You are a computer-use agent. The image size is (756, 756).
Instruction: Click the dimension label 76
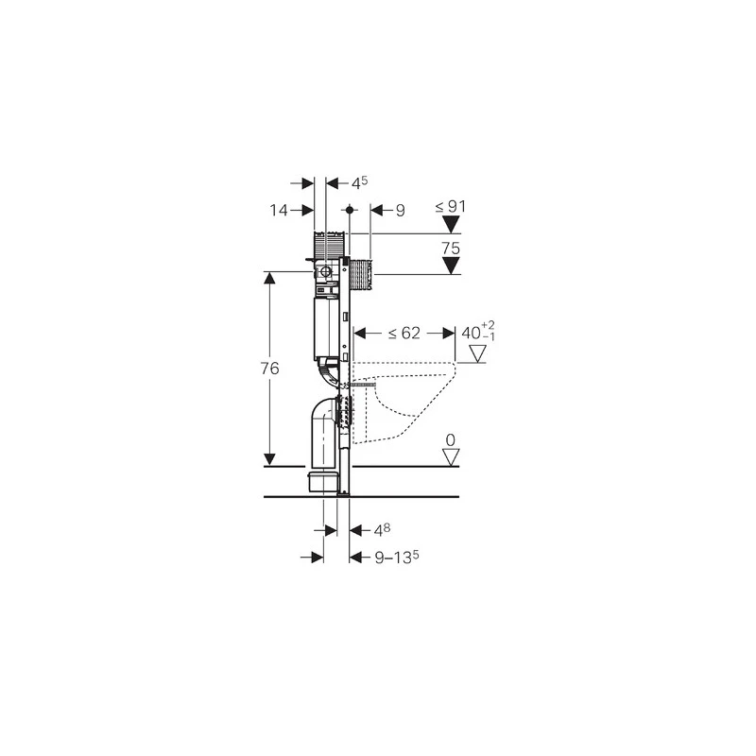pos(270,369)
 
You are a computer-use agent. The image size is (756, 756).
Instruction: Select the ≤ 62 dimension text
pos(404,334)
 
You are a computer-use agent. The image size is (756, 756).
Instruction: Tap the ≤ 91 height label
pos(451,206)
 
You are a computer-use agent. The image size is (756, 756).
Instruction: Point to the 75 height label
pos(451,249)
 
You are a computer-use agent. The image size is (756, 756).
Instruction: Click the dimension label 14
pos(279,210)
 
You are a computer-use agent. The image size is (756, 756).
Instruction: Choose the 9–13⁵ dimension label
pos(397,558)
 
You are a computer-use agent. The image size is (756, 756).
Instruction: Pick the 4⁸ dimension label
pos(382,530)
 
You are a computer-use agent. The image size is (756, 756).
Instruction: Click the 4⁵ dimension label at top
pos(359,182)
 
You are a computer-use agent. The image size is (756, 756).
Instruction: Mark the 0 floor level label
pos(451,439)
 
